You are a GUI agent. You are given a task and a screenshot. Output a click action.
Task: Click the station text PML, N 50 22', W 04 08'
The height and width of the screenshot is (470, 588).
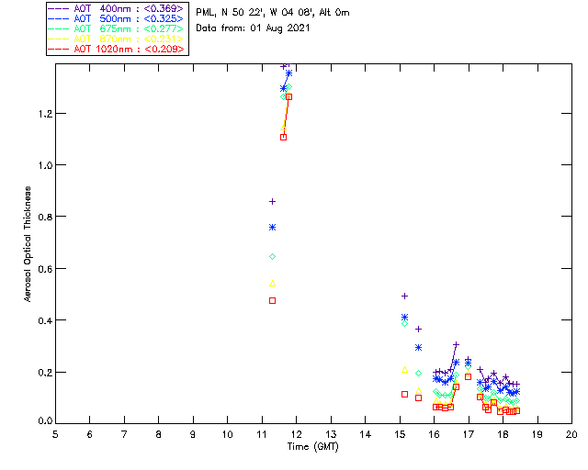[273, 13]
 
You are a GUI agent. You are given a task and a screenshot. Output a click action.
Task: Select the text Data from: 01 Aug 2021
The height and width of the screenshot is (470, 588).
[253, 28]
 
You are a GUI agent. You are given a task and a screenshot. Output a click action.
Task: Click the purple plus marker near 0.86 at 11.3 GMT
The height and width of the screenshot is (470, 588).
[272, 201]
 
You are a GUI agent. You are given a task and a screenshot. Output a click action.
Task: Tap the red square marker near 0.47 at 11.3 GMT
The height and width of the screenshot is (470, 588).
[272, 300]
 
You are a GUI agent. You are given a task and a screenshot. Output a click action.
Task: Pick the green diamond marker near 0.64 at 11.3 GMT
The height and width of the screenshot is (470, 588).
[272, 256]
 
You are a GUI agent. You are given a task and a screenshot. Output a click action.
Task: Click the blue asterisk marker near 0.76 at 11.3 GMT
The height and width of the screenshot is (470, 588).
[272, 227]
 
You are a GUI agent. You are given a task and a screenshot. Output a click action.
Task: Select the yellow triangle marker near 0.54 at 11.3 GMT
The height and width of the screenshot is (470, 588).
[272, 283]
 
